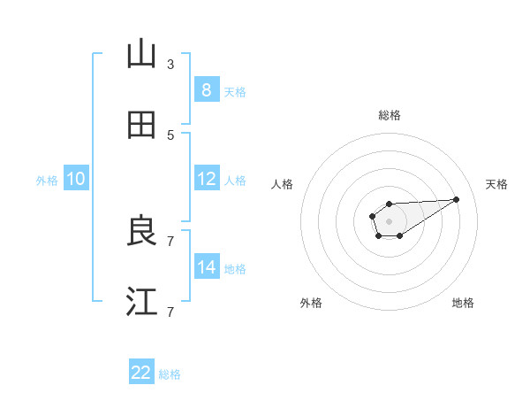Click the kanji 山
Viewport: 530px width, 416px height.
141,55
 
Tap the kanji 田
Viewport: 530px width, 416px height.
141,126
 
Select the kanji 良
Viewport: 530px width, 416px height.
141,232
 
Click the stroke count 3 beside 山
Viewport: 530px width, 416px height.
170,64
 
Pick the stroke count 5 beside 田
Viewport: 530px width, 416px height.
170,135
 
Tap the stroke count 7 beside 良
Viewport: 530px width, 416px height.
170,241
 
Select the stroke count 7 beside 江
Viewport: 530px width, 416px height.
170,312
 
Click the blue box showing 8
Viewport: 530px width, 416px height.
206,89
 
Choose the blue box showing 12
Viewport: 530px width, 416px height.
206,179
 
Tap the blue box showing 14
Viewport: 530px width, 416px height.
206,267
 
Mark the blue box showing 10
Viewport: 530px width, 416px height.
76,179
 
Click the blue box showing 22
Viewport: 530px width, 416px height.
141,373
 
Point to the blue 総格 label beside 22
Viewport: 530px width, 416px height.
170,374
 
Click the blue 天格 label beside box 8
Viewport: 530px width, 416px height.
235,91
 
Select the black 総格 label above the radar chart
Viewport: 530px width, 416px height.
389,115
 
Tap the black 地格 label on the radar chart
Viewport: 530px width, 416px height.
463,303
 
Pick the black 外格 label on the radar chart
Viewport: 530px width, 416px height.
311,303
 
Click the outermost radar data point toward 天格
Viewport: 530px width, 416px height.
457,199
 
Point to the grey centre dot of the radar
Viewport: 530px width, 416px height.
389,220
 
